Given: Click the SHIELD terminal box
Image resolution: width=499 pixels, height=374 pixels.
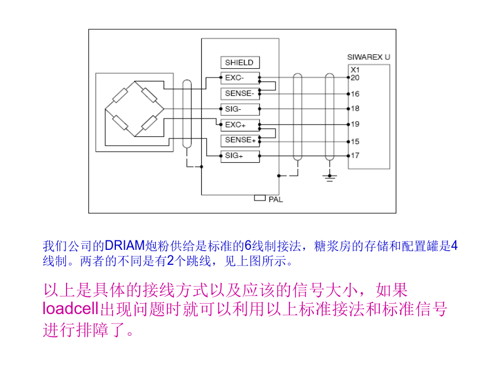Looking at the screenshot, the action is (240, 62).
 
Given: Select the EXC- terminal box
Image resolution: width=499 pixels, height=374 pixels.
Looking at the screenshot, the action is (240, 78).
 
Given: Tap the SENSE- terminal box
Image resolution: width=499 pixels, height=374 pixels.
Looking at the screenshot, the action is (240, 94).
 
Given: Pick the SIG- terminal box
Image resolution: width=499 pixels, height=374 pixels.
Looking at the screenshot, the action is (240, 109).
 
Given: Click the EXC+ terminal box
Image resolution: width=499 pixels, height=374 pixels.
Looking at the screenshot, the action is (240, 125).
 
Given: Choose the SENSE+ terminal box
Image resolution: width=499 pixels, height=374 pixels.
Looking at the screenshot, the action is (240, 140).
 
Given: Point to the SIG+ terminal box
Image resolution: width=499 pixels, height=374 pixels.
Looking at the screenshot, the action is (240, 156).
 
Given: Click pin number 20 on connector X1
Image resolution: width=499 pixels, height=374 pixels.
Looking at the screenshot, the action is (355, 78).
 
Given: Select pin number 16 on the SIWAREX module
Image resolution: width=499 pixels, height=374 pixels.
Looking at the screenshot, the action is (355, 94).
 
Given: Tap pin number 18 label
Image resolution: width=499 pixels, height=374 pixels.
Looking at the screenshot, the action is (355, 109).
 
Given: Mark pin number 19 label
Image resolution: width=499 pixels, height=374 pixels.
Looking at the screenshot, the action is (355, 124).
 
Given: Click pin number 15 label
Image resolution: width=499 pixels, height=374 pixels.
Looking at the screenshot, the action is (355, 141).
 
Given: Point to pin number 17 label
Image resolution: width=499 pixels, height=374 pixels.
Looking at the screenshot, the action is (355, 156).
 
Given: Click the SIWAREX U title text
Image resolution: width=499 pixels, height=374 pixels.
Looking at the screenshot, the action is (369, 57).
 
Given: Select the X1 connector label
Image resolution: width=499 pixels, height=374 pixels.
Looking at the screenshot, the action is (355, 70).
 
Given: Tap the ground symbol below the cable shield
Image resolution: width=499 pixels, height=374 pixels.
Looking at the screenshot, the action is (330, 177).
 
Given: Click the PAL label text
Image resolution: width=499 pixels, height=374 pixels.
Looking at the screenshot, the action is (276, 199).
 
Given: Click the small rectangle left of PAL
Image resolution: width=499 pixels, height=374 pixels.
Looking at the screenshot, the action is (259, 198).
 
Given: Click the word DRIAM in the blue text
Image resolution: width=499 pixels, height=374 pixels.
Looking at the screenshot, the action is (125, 245).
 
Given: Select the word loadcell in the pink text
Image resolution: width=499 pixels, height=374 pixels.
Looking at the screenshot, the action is (70, 309).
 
